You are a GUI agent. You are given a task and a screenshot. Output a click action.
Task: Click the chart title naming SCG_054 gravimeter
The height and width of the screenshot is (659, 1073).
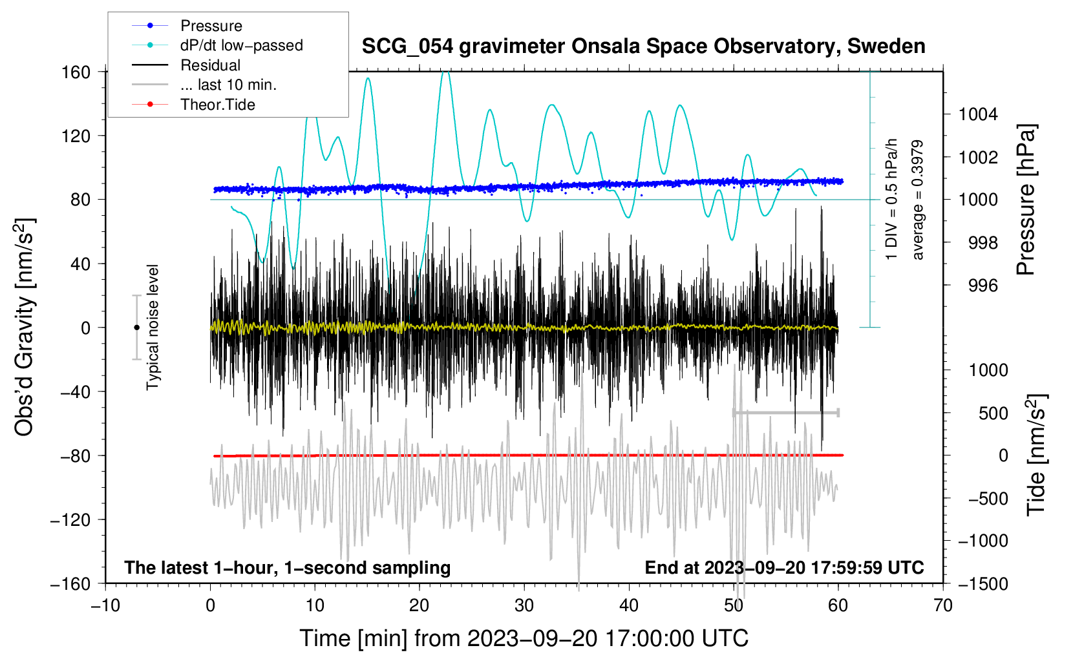643,47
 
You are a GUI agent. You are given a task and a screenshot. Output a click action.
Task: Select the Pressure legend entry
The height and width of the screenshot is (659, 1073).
211,26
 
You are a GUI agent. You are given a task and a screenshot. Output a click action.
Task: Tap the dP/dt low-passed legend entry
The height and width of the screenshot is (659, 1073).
241,45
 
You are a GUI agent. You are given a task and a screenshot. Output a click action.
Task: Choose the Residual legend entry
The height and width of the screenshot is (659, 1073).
210,65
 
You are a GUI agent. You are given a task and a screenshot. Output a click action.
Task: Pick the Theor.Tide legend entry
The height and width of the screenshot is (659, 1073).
217,105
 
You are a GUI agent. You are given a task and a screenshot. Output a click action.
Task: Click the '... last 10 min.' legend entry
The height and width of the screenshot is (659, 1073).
228,85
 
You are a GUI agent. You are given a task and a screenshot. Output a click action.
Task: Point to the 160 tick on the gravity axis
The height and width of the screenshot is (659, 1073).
76,72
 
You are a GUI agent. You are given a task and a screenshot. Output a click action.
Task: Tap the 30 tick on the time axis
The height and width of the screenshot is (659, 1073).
524,605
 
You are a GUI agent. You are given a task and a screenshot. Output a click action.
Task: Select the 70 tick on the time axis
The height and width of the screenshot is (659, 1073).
943,605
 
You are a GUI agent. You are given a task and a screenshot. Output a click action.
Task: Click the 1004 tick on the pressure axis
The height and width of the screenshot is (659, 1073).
978,114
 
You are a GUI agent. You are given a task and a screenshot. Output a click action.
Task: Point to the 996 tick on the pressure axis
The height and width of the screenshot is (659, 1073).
983,286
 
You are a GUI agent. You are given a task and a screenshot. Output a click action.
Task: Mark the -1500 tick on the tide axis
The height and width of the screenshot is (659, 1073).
983,583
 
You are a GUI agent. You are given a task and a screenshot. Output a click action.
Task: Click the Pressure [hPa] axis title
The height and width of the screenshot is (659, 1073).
1026,200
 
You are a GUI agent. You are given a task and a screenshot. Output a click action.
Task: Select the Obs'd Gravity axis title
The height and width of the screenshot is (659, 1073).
25,327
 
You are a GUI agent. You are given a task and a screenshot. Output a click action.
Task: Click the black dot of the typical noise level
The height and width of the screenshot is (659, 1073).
136,328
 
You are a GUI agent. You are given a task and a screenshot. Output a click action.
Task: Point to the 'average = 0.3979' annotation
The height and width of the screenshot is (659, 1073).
918,200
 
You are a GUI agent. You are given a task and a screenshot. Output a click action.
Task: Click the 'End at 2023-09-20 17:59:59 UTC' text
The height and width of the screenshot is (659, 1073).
784,567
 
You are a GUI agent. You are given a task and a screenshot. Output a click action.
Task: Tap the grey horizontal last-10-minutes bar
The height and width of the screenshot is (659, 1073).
785,412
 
